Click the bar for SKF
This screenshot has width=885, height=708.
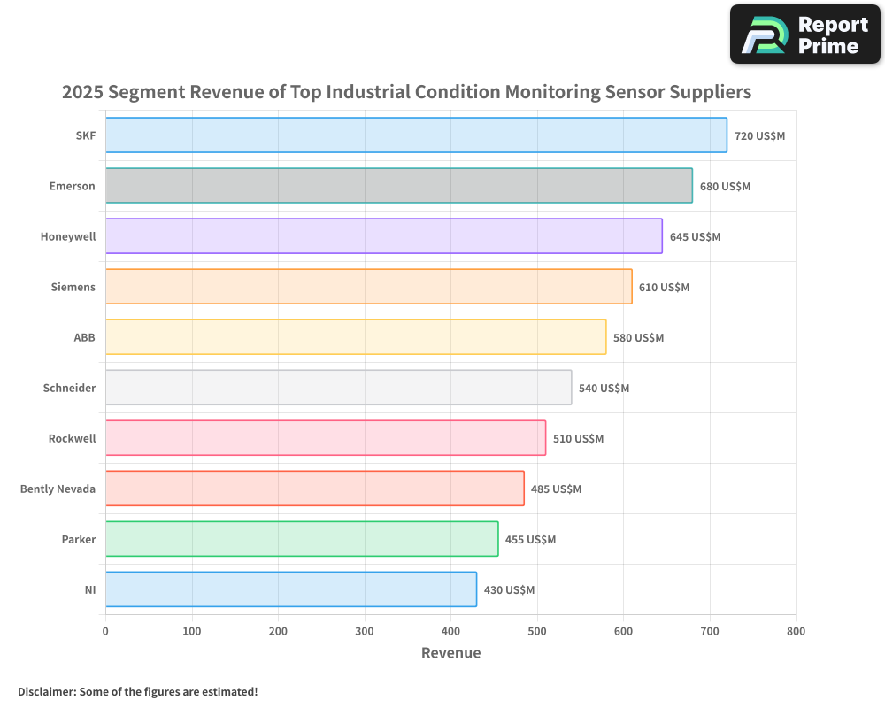416,135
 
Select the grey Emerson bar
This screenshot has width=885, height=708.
398,186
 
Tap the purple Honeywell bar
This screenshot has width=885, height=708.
383,236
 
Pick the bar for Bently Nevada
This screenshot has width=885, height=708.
314,489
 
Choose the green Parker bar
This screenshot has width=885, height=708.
302,539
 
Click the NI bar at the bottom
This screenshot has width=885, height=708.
290,589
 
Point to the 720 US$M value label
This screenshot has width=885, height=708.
759,136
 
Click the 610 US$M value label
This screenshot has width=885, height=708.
664,288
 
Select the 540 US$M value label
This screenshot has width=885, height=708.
604,389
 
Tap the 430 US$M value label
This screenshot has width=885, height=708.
509,590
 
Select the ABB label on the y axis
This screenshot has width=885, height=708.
84,337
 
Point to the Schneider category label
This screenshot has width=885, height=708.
69,388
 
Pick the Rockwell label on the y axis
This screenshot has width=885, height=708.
72,438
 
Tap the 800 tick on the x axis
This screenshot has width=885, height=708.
796,631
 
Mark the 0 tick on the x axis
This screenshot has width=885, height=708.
105,631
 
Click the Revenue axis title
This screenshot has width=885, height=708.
450,653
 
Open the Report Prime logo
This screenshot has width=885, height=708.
805,35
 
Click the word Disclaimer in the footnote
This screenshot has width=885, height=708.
46,691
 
